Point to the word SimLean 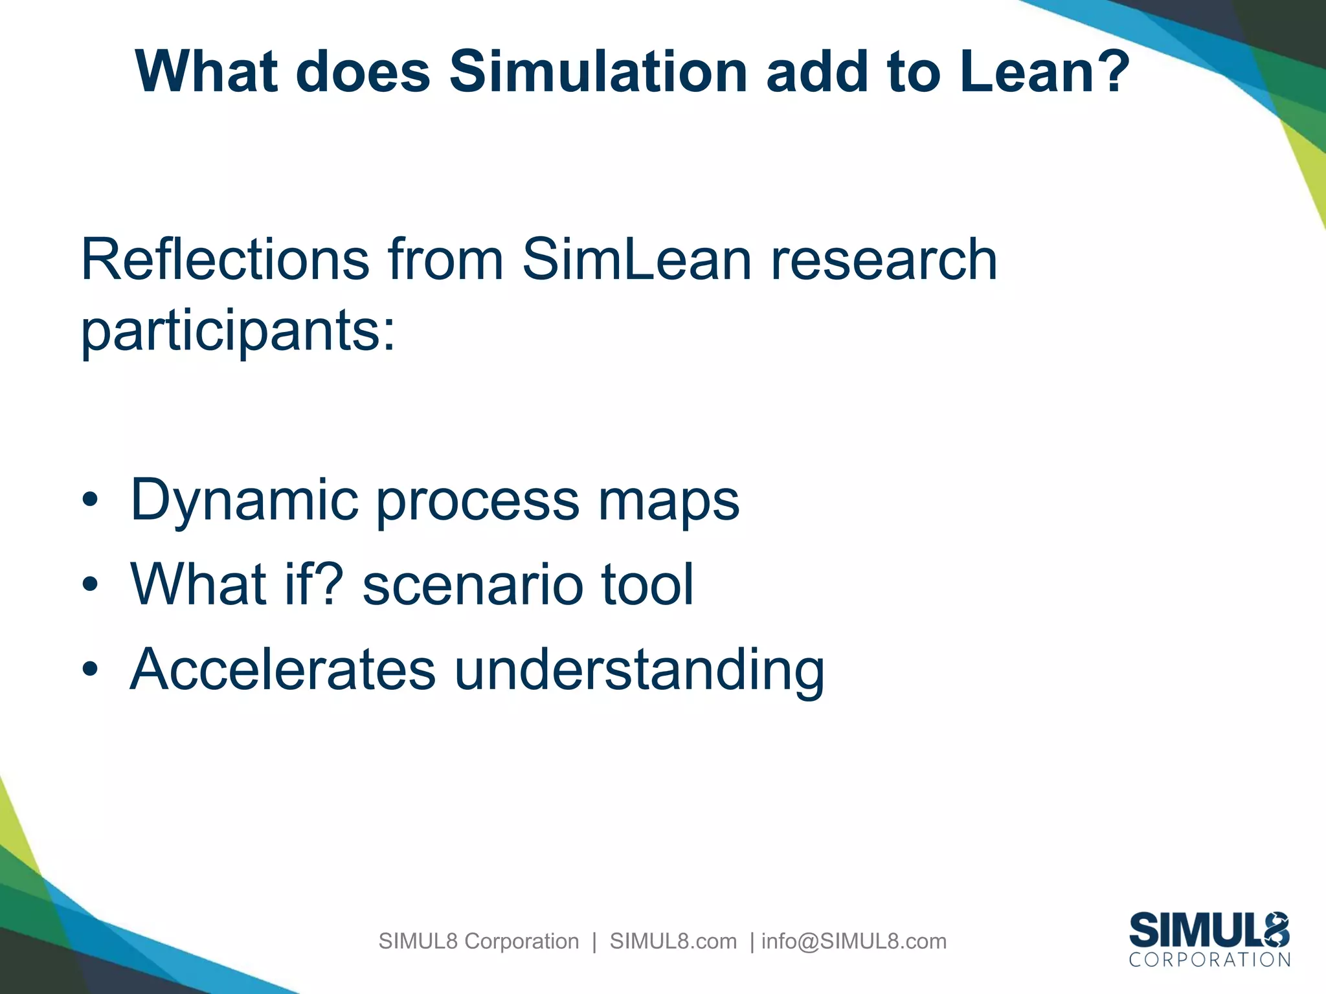tap(636, 260)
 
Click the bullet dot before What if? tap(90, 584)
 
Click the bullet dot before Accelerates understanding tap(90, 669)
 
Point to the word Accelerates tap(283, 669)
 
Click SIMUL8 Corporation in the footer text tap(478, 941)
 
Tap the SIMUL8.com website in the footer tap(673, 941)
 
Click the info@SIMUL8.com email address tap(853, 941)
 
